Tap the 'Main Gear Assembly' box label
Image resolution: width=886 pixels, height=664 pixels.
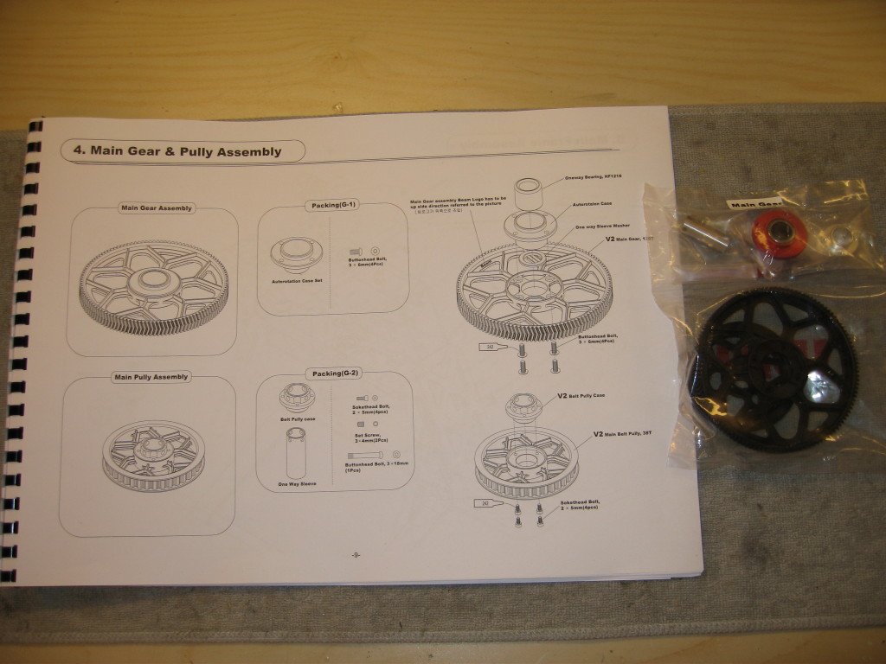[157, 207]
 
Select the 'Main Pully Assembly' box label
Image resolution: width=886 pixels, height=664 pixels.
[151, 377]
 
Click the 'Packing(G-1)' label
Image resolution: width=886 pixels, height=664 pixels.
[331, 206]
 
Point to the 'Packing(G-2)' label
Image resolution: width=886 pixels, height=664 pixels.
[332, 373]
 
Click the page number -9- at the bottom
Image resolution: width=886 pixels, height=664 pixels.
[356, 555]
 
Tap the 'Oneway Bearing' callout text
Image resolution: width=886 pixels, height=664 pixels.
[588, 176]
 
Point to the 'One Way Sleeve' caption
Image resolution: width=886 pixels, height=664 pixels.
[296, 484]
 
